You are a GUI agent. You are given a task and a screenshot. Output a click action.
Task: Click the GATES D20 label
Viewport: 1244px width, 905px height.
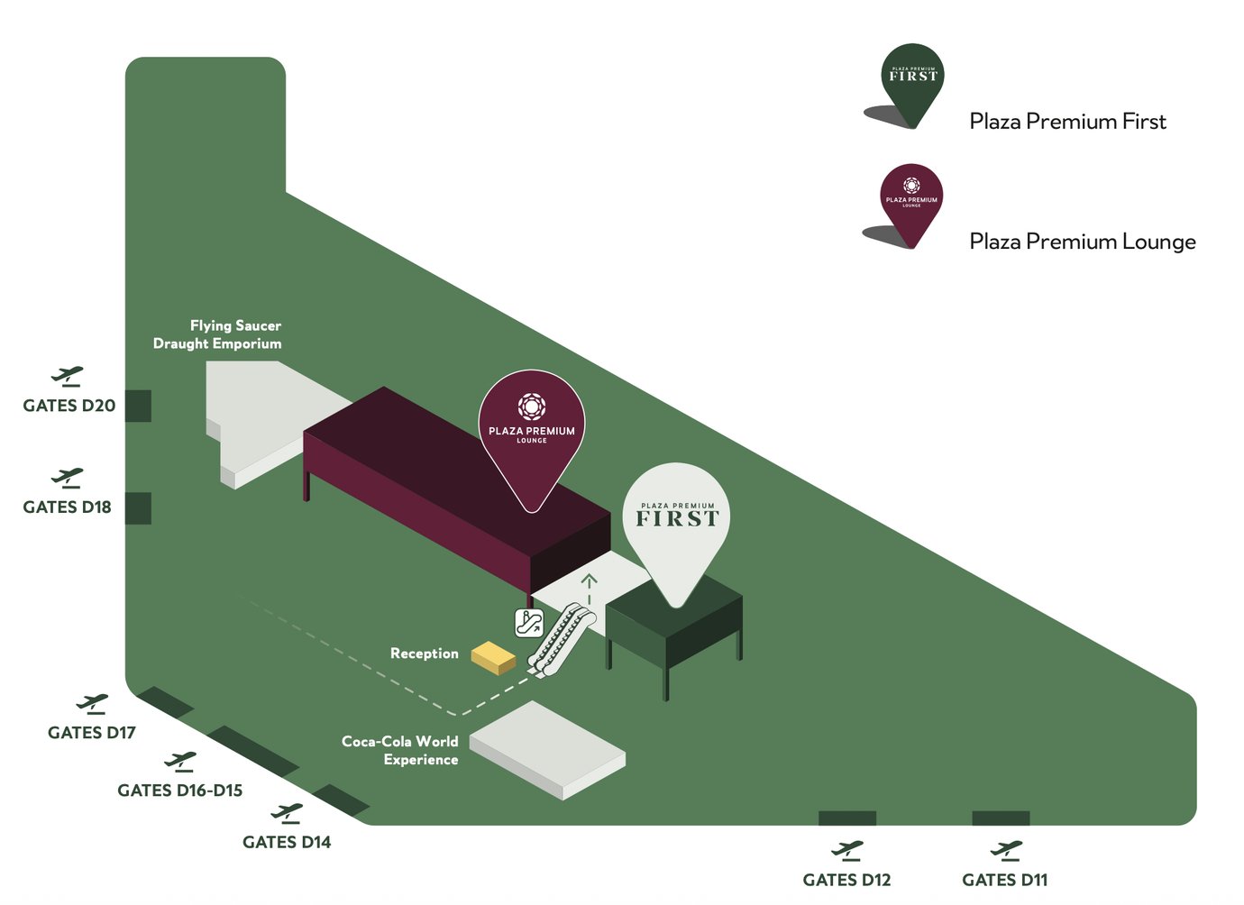click(x=69, y=406)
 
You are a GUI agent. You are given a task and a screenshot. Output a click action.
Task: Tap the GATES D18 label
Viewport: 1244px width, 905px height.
click(x=67, y=507)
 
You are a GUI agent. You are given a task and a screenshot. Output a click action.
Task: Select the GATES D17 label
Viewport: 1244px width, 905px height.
click(x=92, y=733)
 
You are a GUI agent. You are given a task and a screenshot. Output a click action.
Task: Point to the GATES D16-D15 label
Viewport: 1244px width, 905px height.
click(x=180, y=791)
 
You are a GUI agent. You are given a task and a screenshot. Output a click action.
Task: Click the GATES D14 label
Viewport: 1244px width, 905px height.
click(x=287, y=842)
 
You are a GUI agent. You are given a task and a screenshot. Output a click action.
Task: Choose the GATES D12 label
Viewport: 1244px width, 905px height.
click(x=846, y=880)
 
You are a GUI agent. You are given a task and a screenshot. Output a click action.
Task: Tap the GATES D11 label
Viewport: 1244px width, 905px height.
click(x=1004, y=880)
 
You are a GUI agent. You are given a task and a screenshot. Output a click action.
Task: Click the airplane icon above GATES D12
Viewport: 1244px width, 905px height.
click(x=847, y=851)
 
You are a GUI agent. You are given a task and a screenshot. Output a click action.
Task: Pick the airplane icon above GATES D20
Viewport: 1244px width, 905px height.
click(x=68, y=377)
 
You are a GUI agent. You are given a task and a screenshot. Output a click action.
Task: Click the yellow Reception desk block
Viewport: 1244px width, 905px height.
click(x=493, y=658)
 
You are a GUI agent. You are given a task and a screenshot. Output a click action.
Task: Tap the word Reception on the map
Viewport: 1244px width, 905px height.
click(x=425, y=654)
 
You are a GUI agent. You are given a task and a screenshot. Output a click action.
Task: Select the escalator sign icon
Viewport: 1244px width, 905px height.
click(x=528, y=623)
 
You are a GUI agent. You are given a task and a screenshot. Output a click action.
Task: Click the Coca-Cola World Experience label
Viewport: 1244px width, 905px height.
click(x=400, y=751)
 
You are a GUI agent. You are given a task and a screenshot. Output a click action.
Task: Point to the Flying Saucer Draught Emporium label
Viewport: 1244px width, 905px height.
click(x=217, y=334)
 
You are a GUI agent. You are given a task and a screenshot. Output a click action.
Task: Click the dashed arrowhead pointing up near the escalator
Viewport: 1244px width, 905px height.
click(x=589, y=580)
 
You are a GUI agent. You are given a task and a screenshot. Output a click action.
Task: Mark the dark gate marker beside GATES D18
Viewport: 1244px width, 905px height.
click(x=138, y=508)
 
